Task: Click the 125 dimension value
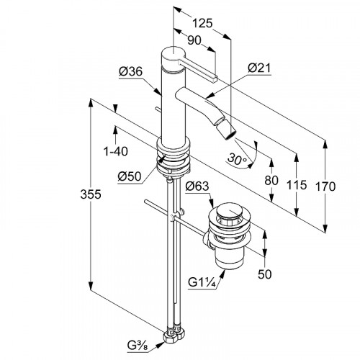pos(203,23)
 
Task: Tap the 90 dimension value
pos(194,40)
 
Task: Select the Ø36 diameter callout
pos(130,71)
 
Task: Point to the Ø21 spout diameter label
pos(259,68)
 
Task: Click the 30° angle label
pos(237,159)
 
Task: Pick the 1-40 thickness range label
pos(116,151)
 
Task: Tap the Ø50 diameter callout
pos(130,177)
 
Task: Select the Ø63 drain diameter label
pos(197,186)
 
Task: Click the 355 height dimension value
pos(91,194)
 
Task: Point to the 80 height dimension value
pos(271,180)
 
